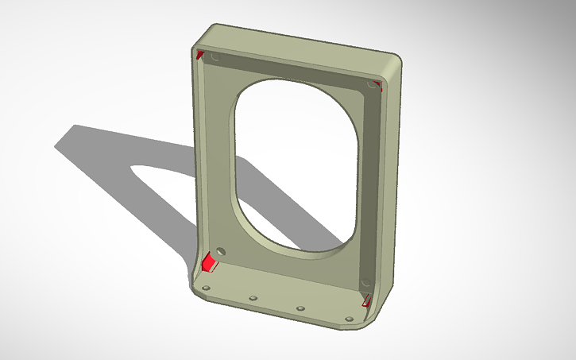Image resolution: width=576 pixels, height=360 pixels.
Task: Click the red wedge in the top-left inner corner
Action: click(x=200, y=54)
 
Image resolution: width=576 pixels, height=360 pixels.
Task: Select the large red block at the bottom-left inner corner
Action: click(x=210, y=262)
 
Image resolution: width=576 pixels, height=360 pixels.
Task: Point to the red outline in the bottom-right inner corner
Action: click(x=366, y=299)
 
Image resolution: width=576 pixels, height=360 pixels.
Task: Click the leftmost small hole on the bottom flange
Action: click(x=206, y=288)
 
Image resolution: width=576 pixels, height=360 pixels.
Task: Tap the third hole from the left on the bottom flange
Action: click(x=300, y=308)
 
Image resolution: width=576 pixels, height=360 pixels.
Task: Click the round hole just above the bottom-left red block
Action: click(x=220, y=250)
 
